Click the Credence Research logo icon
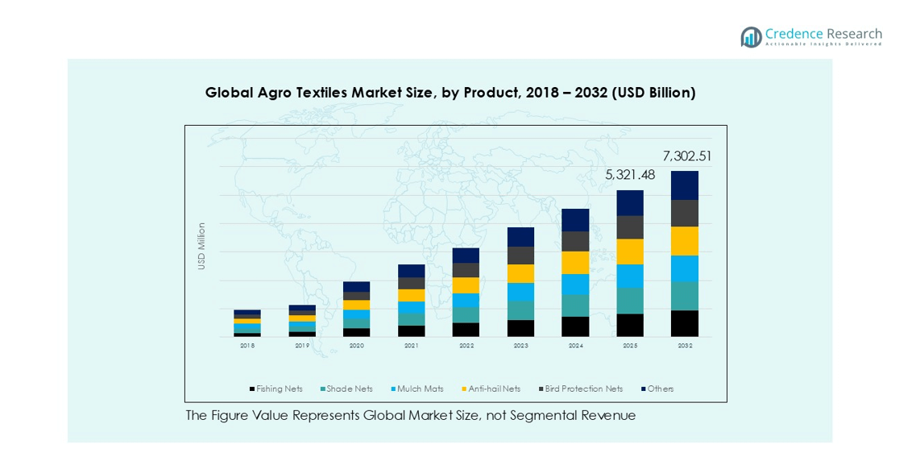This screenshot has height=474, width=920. tap(751, 36)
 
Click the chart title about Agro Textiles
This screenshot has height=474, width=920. tap(450, 93)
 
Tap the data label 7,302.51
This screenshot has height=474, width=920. tap(687, 156)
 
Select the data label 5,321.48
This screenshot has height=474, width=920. tap(630, 175)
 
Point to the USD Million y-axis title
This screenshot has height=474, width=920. tap(202, 246)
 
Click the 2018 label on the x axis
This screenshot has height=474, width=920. tap(247, 346)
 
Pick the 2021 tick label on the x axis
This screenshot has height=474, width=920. tap(411, 346)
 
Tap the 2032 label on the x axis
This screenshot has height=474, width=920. tap(684, 346)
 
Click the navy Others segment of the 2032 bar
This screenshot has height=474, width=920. tap(684, 185)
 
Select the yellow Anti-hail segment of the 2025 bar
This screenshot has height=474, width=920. tap(630, 252)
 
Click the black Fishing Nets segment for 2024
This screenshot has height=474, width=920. tap(575, 326)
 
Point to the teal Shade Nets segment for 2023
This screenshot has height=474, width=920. tap(520, 310)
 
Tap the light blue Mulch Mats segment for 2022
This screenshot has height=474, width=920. tap(466, 300)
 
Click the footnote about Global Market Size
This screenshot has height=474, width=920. tap(410, 416)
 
